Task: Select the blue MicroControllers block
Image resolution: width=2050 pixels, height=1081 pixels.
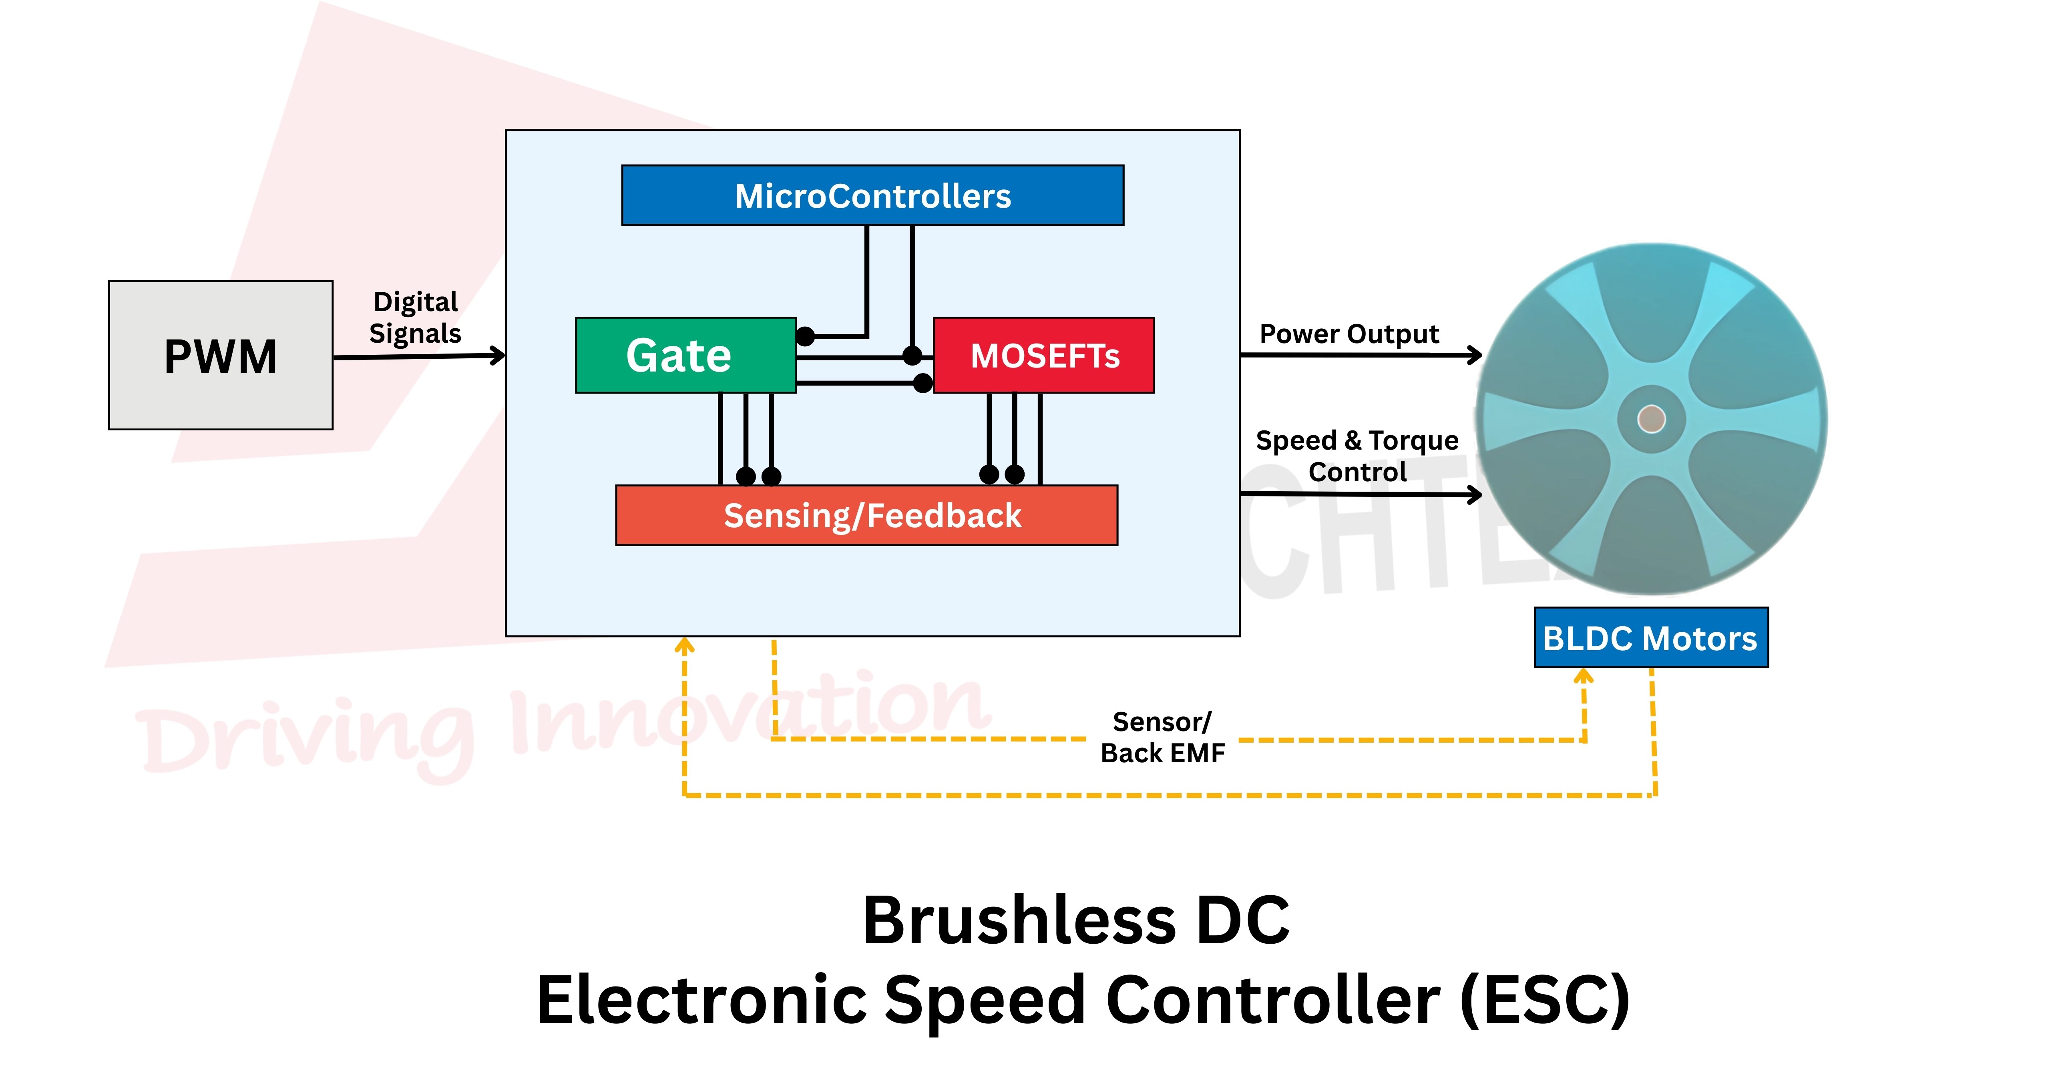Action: click(x=872, y=196)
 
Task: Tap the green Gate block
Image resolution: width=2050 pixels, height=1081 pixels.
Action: click(x=685, y=355)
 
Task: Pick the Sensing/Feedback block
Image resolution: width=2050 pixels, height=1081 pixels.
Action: click(x=866, y=515)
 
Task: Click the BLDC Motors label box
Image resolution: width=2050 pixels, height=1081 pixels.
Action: click(x=1650, y=638)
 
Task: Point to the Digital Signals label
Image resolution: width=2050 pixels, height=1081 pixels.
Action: click(x=416, y=317)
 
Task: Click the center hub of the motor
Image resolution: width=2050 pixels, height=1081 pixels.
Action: click(x=1651, y=419)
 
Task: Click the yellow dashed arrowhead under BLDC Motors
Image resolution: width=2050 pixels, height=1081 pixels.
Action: click(x=1584, y=677)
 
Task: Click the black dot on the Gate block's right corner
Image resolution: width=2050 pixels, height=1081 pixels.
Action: click(x=805, y=336)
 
